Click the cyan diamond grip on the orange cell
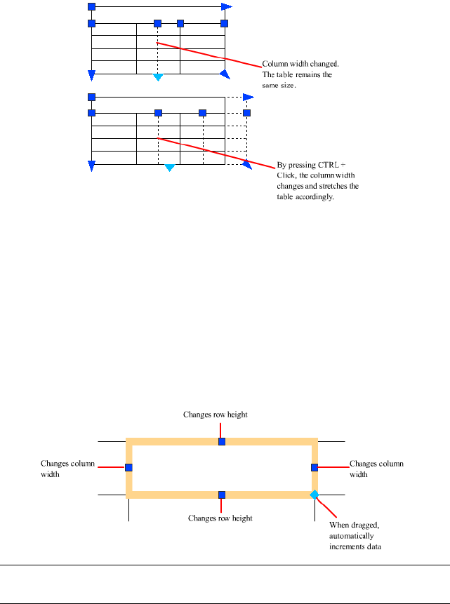coord(315,495)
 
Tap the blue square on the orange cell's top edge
coord(222,441)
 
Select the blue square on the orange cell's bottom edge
coord(222,495)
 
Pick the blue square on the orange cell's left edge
coord(128,467)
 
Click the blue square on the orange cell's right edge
coord(315,467)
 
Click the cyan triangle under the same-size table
coord(158,77)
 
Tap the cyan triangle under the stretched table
coord(169,168)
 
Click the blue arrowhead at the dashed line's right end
coord(248,97)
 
